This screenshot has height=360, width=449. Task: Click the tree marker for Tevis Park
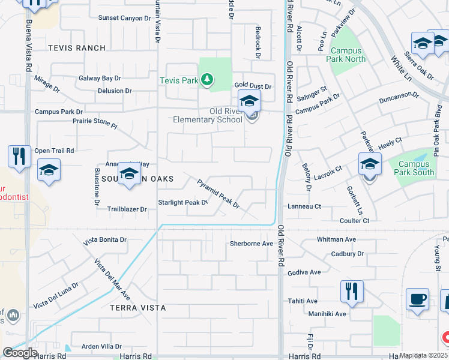tap(207, 80)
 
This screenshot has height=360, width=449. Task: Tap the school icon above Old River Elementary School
tap(249, 100)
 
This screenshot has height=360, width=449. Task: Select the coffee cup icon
tap(417, 299)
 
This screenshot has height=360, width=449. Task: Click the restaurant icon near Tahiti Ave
tap(352, 292)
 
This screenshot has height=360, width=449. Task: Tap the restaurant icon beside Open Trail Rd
tap(19, 157)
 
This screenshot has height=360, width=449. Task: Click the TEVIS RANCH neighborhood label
tap(76, 48)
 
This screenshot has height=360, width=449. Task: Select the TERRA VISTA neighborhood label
tap(137, 307)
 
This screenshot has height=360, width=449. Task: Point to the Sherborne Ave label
tap(252, 244)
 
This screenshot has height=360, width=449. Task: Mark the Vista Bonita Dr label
tap(105, 239)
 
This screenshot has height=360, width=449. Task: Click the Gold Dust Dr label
tap(253, 86)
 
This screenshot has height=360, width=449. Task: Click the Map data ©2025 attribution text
tap(424, 356)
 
